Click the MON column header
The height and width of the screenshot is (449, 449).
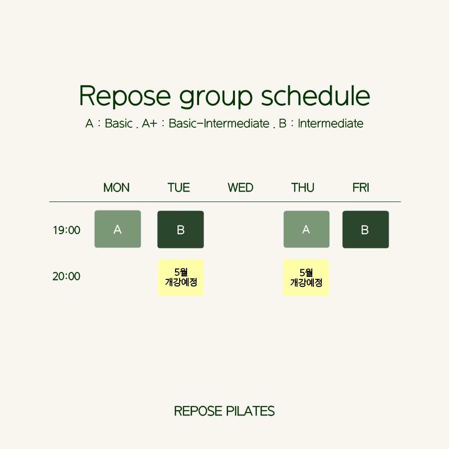coord(116,188)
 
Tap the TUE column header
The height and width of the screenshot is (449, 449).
coord(179,188)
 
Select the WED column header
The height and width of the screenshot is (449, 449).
coord(240,188)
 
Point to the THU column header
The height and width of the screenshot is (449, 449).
coord(303,188)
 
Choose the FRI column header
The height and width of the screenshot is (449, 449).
coord(361,188)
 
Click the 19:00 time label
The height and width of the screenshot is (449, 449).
coord(66,230)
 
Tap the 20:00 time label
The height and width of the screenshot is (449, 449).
coord(66,276)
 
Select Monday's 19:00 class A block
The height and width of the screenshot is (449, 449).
coord(118,229)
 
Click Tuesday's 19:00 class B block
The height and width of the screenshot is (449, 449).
coord(181,229)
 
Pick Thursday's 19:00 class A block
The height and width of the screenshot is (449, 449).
coord(306,229)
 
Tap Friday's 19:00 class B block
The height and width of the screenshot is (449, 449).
coord(366,229)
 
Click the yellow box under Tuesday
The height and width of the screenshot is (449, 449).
coord(181,277)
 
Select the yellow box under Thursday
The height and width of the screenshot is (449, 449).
coord(306,277)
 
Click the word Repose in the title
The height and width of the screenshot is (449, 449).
coord(125,96)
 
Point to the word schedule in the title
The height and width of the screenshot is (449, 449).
coord(316,95)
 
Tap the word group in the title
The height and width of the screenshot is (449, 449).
coord(216,97)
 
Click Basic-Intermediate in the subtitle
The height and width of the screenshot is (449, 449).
coord(219,124)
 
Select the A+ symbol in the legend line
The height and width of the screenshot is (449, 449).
coord(150,124)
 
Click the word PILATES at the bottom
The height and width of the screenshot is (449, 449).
coord(250,411)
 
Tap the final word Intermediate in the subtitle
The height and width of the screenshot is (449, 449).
coord(330,124)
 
